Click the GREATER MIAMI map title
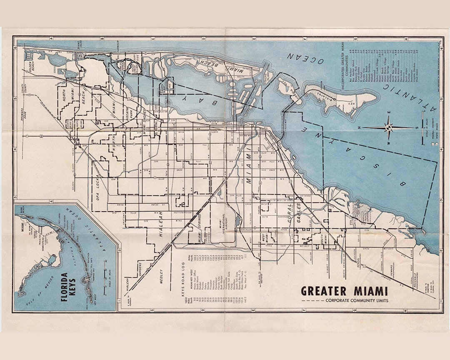point(344,290)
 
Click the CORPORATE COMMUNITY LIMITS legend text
point(357,300)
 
